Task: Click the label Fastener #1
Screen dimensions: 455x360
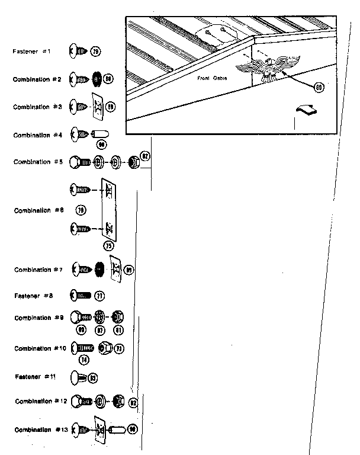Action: [31, 52]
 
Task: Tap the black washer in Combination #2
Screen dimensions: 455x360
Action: [95, 79]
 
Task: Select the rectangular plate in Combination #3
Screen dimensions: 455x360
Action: [96, 106]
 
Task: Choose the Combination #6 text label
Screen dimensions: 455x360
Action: [39, 211]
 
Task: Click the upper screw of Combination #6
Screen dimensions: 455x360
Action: [81, 190]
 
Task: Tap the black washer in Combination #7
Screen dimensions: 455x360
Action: [99, 270]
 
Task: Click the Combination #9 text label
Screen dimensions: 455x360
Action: [39, 318]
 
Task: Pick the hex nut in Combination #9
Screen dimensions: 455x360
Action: [118, 316]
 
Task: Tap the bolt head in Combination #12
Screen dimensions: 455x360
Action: [78, 402]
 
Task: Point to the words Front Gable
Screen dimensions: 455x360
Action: [213, 78]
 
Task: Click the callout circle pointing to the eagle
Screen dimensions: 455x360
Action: [319, 87]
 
